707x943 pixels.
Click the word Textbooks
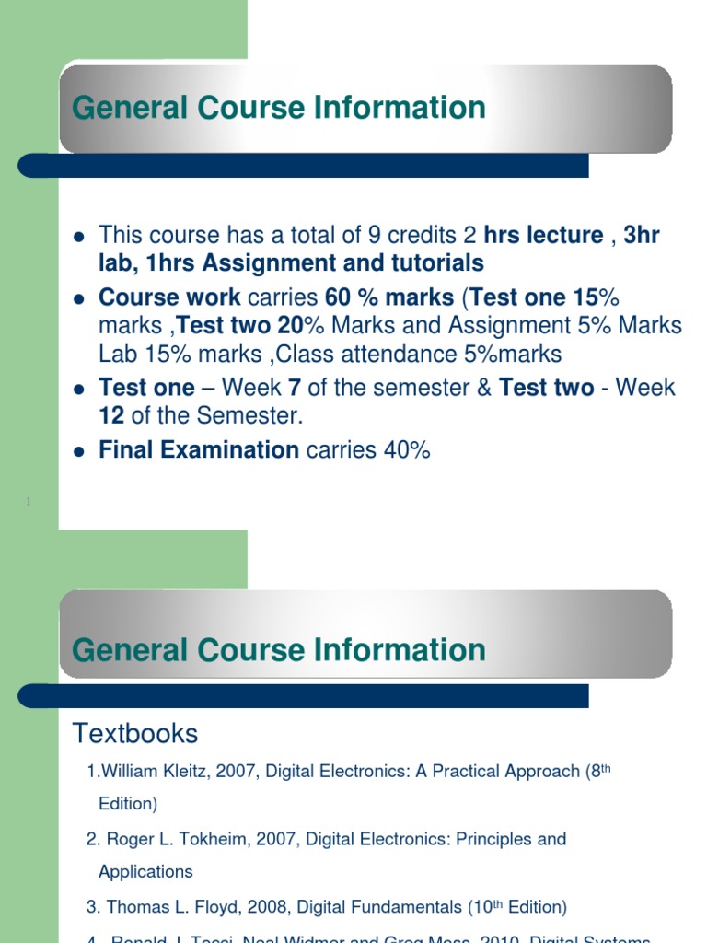pyautogui.click(x=135, y=734)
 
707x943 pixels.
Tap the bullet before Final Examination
pyautogui.click(x=78, y=451)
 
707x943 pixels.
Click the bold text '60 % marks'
pyautogui.click(x=389, y=297)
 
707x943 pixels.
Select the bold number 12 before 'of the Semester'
pyautogui.click(x=111, y=415)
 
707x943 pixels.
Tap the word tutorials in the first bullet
pyautogui.click(x=435, y=263)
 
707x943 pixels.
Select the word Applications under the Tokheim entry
pyautogui.click(x=145, y=872)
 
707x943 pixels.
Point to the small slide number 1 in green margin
pyautogui.click(x=29, y=502)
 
